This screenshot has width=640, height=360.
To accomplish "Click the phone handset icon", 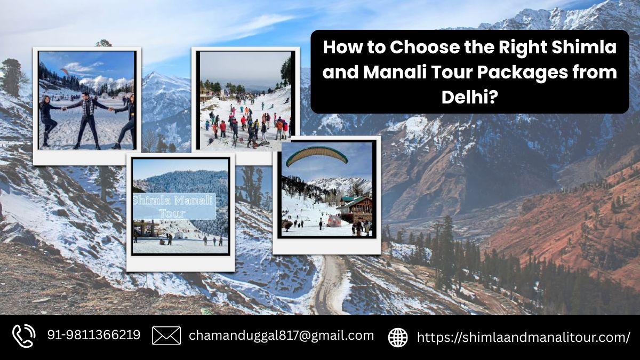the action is [x=23, y=336].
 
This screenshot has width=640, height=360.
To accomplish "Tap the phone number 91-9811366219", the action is [x=94, y=335].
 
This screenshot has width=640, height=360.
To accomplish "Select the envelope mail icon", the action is [x=166, y=335].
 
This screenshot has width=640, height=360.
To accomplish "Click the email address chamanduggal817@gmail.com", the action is [x=282, y=335].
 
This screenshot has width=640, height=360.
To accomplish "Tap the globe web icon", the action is [x=398, y=338].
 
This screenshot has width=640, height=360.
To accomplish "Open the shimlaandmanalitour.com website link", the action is [x=523, y=337].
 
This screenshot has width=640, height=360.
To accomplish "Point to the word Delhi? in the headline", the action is [x=470, y=97].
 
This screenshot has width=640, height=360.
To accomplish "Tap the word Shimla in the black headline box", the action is [x=583, y=47].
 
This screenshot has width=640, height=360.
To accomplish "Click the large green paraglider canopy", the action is [x=317, y=156].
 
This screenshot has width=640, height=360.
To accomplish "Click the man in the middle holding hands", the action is [x=86, y=120].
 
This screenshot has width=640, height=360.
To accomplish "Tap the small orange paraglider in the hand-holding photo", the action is [x=65, y=71].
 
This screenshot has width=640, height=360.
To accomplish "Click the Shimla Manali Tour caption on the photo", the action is [x=174, y=206].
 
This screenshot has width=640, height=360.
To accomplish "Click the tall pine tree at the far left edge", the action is [x=11, y=77].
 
